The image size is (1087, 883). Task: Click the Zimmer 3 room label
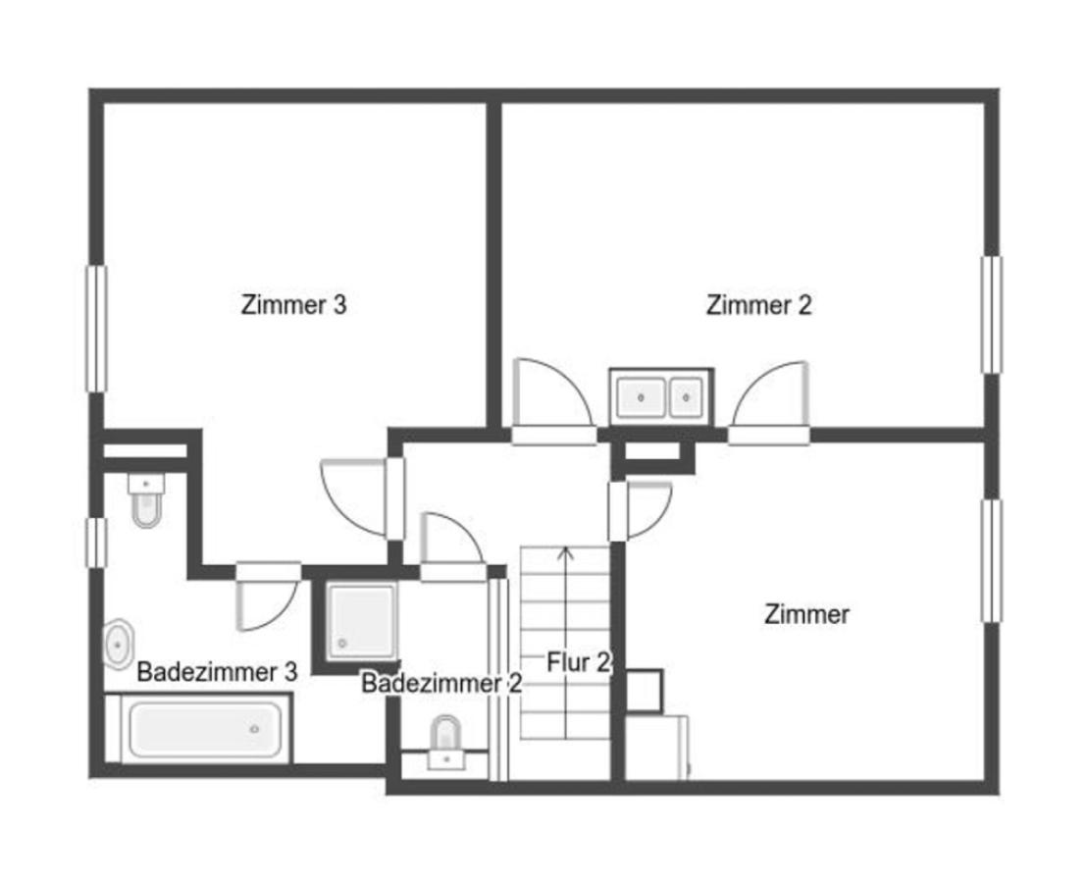click(x=293, y=305)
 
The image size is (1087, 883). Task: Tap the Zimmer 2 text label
click(x=758, y=305)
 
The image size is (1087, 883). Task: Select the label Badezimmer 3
click(x=217, y=672)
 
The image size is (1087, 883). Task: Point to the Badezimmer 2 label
click(x=441, y=684)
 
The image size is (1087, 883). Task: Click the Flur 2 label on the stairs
click(x=579, y=663)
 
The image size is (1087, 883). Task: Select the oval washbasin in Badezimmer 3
click(x=119, y=644)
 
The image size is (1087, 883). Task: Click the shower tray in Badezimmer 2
click(x=362, y=620)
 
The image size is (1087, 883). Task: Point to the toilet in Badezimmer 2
click(x=447, y=739)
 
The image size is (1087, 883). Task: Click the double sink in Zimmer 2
click(x=660, y=396)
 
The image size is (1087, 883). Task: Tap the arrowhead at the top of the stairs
click(x=566, y=553)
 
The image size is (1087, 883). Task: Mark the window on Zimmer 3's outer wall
click(x=96, y=328)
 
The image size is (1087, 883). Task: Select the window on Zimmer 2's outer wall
click(x=992, y=314)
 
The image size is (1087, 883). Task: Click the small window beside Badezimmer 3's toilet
click(x=95, y=543)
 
